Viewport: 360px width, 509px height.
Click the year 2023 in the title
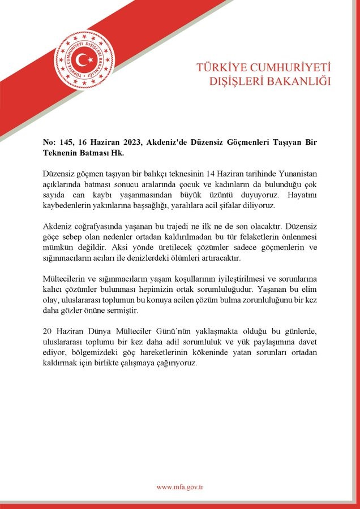pyautogui.click(x=129, y=142)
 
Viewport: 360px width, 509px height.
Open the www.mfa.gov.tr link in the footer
pyautogui.click(x=179, y=487)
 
